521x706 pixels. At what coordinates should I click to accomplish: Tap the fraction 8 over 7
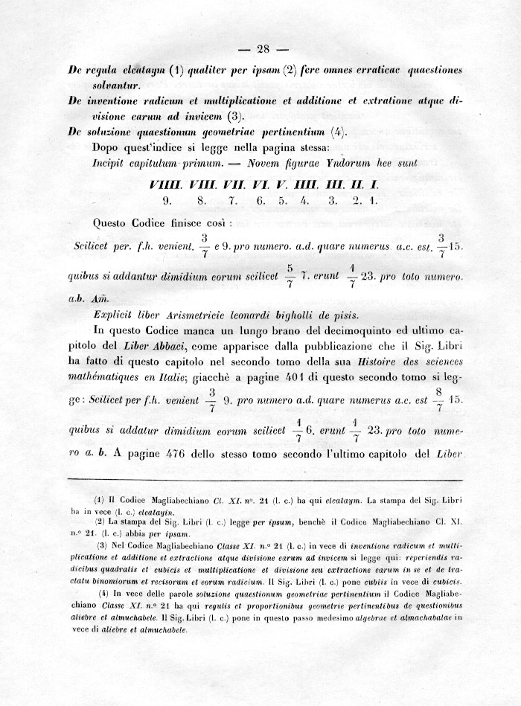click(440, 400)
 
